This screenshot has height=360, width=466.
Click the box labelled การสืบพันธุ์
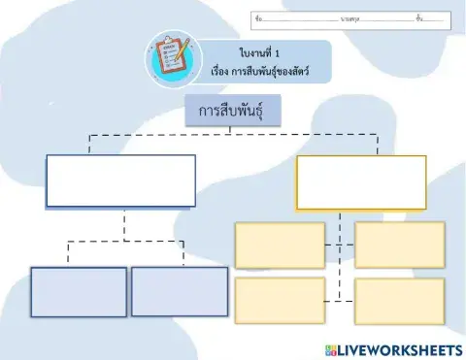coord(233,112)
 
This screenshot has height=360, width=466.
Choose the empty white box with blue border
coord(121,180)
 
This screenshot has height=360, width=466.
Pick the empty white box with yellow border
coord(360,182)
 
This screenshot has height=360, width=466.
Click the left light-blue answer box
coord(79,291)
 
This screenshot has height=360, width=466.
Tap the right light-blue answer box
coord(179,291)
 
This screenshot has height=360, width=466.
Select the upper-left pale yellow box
coord(280,245)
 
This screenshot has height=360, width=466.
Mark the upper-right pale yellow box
coord(399,245)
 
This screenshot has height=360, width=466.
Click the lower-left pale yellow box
coord(280,300)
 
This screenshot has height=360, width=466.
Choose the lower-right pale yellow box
coord(399,301)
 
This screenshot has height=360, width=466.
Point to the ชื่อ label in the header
coord(256,18)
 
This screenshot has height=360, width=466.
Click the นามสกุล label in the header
coord(349,18)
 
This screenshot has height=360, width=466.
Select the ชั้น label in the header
coord(418,18)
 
